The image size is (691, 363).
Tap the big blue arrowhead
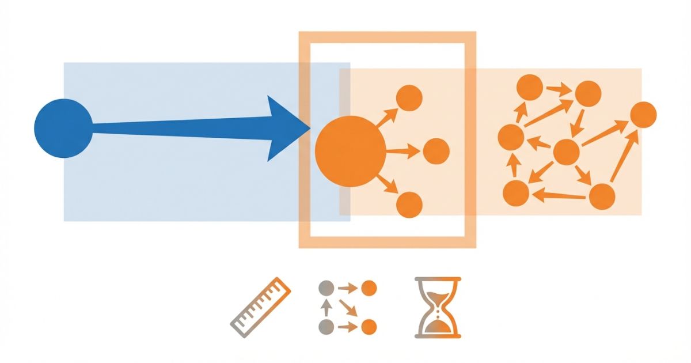tap(286, 128)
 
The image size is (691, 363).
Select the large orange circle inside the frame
tap(350, 151)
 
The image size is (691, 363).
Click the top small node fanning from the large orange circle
tap(409, 98)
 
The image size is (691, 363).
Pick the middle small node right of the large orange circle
tap(436, 151)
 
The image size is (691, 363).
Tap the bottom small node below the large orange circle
tap(409, 205)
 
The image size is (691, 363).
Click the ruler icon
tap(260, 307)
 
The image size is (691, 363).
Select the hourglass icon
tap(438, 307)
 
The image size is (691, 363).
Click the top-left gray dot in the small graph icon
tap(326, 287)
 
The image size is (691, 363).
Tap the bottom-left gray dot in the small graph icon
tap(326, 327)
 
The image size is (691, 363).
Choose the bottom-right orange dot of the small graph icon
tap(369, 327)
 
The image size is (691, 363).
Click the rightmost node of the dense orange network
tap(643, 114)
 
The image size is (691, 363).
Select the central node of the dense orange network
tap(565, 152)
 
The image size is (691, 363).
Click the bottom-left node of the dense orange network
tap(516, 193)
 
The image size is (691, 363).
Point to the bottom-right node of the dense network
tap(602, 196)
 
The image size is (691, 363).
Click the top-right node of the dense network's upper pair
tap(588, 93)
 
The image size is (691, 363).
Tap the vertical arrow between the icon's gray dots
tap(326, 307)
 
